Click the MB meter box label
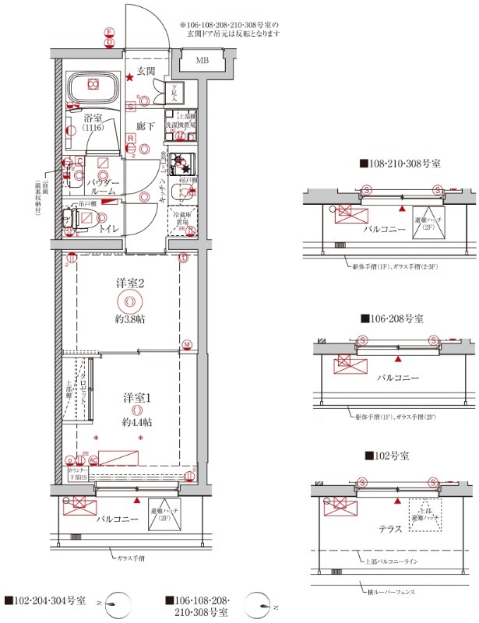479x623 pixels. (x=202, y=61)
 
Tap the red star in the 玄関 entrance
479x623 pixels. (x=130, y=77)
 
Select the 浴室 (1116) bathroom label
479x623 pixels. (x=93, y=121)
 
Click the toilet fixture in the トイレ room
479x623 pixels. (x=69, y=222)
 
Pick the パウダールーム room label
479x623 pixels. (x=103, y=186)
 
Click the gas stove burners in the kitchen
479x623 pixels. (x=185, y=162)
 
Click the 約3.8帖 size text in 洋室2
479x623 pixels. (x=130, y=319)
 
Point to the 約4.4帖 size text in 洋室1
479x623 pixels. (x=136, y=421)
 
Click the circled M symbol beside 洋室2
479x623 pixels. (x=187, y=344)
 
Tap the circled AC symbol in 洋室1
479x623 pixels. (x=93, y=460)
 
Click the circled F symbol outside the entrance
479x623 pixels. (x=110, y=32)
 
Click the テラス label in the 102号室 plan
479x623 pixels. (x=389, y=529)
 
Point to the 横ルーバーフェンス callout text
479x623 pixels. (x=391, y=593)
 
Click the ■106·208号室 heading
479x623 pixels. (x=392, y=319)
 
